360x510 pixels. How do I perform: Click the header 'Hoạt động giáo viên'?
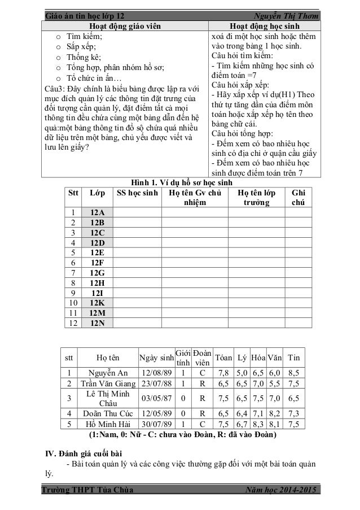pyautogui.click(x=125, y=25)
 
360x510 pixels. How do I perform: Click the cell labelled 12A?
pyautogui.click(x=97, y=212)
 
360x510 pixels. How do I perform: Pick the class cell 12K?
pyautogui.click(x=97, y=302)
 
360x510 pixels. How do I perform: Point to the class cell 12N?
pyautogui.click(x=97, y=322)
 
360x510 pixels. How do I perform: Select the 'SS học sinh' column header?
pyautogui.click(x=138, y=193)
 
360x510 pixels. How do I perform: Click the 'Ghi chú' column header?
pyautogui.click(x=298, y=198)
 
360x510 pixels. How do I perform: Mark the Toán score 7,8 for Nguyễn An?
pyautogui.click(x=223, y=373)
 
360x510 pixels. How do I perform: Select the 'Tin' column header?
pyautogui.click(x=293, y=358)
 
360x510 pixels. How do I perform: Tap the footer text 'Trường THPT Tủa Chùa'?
pyautogui.click(x=89, y=490)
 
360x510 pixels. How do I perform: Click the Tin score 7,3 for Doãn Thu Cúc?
pyautogui.click(x=293, y=413)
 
